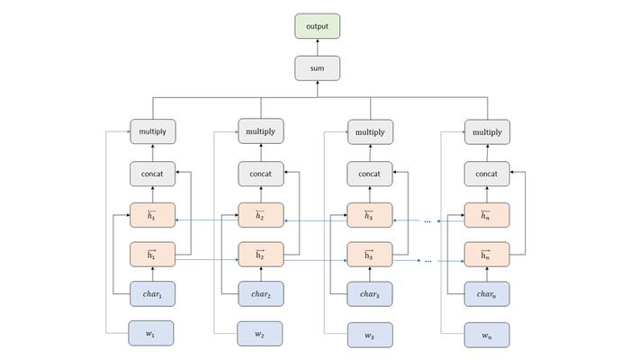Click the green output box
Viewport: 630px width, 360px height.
tap(317, 26)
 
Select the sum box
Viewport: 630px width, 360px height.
tap(317, 68)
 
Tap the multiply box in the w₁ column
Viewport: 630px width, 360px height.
tap(153, 131)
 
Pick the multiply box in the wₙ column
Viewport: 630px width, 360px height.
tap(487, 131)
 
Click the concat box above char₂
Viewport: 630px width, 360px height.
tap(261, 174)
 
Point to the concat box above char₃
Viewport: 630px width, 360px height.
tap(370, 174)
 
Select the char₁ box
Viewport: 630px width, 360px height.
tap(152, 294)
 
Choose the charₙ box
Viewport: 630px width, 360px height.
tap(487, 294)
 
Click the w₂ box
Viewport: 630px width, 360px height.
tap(259, 334)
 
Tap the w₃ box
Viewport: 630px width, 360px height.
tap(370, 335)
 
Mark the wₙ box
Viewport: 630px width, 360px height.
tap(487, 335)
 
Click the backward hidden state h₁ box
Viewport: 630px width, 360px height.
tap(152, 215)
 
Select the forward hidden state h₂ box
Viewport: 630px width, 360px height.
tap(261, 255)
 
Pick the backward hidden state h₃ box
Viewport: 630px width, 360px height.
tap(370, 215)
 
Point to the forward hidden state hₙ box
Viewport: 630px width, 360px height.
tap(487, 255)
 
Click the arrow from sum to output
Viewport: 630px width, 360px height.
tap(318, 48)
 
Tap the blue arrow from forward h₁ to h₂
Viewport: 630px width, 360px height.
tap(207, 260)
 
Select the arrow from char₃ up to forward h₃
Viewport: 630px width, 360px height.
tap(370, 274)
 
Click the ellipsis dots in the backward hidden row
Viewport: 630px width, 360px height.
tap(427, 221)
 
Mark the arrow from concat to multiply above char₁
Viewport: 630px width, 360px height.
tap(153, 153)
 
